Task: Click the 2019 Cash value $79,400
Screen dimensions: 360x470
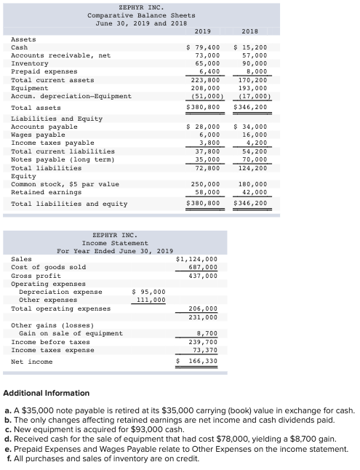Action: tap(204, 47)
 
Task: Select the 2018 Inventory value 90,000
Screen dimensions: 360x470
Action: tap(254, 63)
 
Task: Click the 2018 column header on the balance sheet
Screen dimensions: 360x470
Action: tap(250, 31)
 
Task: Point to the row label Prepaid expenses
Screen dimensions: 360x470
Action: tap(44, 71)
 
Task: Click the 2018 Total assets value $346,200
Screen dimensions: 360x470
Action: tap(250, 107)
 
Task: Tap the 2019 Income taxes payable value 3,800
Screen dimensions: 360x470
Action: tap(208, 143)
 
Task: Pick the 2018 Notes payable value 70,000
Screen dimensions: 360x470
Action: tap(254, 159)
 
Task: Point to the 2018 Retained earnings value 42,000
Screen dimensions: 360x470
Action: tap(254, 192)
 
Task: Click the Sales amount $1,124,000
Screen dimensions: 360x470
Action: tap(197, 258)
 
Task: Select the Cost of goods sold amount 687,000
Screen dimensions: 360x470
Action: tap(204, 267)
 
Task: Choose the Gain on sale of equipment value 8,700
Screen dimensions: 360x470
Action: tap(207, 333)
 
